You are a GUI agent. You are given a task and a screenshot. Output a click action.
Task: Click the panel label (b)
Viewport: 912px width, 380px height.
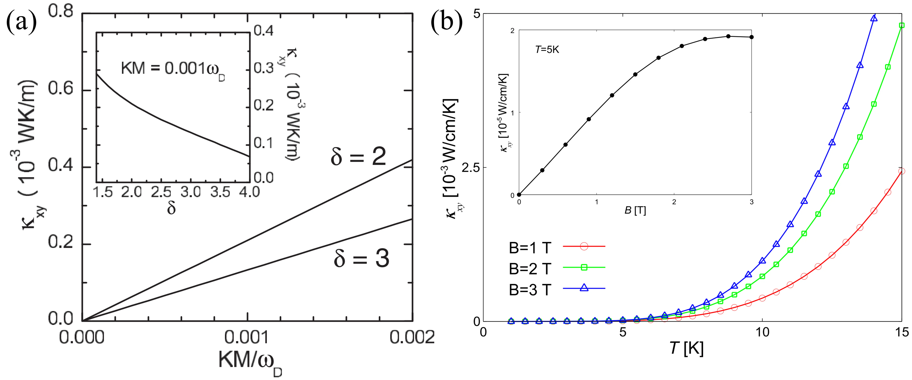point(447,22)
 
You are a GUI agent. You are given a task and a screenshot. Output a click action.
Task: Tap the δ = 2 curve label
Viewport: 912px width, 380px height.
point(358,156)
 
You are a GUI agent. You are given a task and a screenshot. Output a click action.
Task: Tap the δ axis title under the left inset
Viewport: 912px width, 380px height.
point(171,209)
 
